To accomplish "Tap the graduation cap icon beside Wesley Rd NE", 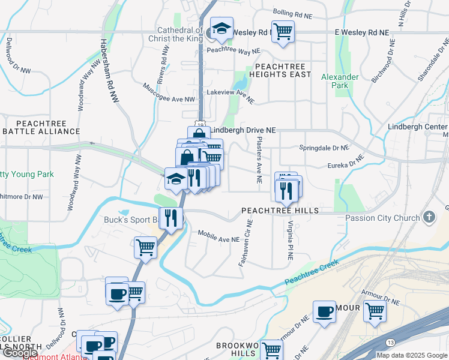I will tap(221, 29).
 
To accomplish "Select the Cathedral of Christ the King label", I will tap(180, 34).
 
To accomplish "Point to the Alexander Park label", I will tap(340, 81).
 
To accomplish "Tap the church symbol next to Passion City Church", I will tap(429, 217).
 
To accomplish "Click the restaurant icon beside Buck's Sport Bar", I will tap(171, 217).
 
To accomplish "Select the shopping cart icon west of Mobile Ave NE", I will tap(145, 247).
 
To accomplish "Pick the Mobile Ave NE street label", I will tap(218, 239).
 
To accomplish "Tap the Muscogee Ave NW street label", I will tap(169, 92).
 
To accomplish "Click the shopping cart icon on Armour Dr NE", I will tap(375, 311).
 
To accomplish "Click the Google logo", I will tap(20, 353).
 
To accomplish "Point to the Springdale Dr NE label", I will tap(324, 148).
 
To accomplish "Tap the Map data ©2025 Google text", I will tap(412, 355).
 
